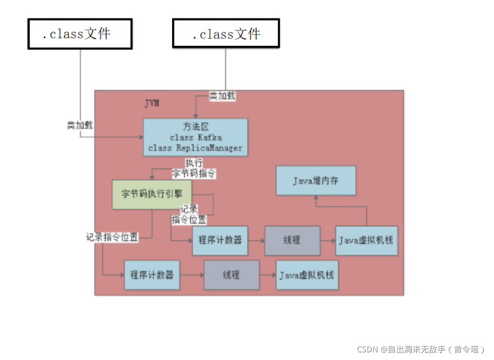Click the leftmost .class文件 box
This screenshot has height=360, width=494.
pyautogui.click(x=80, y=34)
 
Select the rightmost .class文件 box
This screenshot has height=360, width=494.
pyautogui.click(x=226, y=34)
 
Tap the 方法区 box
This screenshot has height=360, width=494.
pyautogui.click(x=194, y=137)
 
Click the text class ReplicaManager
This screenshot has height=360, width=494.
pyautogui.click(x=195, y=148)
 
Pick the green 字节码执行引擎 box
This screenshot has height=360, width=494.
pyautogui.click(x=152, y=195)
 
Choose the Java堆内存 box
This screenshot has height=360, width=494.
pyautogui.click(x=316, y=182)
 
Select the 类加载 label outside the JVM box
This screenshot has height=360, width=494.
pyautogui.click(x=80, y=125)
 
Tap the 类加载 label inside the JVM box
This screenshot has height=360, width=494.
pyautogui.click(x=222, y=96)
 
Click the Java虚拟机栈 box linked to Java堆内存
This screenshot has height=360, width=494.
pyautogui.click(x=367, y=241)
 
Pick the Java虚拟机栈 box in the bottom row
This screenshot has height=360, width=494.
pyautogui.click(x=307, y=275)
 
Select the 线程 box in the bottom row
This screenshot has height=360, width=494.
pyautogui.click(x=231, y=275)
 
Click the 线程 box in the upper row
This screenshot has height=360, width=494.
pyautogui.click(x=292, y=241)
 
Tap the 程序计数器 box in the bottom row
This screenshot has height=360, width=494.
pyautogui.click(x=152, y=275)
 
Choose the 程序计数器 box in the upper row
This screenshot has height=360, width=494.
pyautogui.click(x=220, y=241)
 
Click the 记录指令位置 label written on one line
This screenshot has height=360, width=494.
pyautogui.click(x=112, y=236)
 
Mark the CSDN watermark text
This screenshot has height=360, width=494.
pyautogui.click(x=421, y=349)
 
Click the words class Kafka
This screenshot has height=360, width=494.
pyautogui.click(x=196, y=138)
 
